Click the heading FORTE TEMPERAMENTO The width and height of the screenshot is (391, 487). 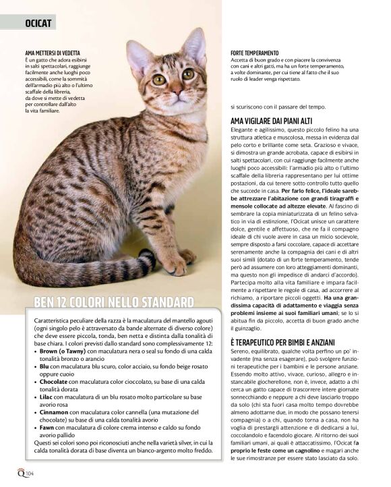[255, 53]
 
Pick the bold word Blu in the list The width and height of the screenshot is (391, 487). [45, 367]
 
